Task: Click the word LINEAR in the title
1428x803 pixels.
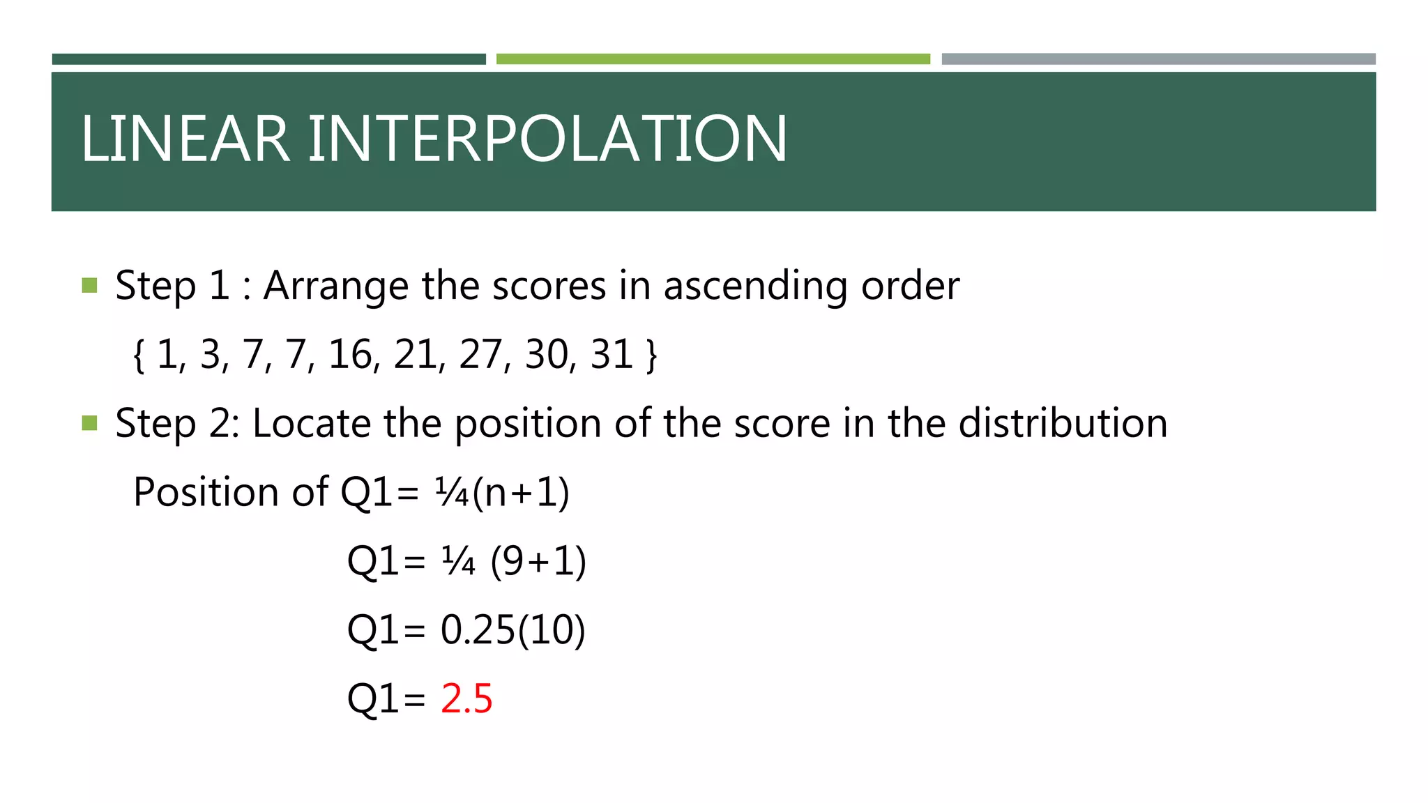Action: tap(185, 139)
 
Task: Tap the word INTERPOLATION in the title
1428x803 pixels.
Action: tap(547, 139)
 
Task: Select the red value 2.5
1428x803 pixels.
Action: tap(466, 698)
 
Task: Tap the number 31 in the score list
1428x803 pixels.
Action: tap(612, 355)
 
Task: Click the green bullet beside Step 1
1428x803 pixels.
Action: tap(89, 285)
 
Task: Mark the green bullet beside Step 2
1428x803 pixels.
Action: tap(89, 423)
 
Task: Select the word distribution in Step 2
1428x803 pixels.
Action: tap(1063, 423)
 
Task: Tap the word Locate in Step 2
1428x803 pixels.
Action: tap(312, 423)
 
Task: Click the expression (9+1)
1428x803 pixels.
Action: tap(538, 561)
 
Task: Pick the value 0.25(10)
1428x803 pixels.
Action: tap(512, 629)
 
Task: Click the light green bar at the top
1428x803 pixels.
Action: tap(713, 59)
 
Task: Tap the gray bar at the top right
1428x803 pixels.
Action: tap(1158, 59)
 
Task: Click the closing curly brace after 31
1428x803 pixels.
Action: tap(651, 356)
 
